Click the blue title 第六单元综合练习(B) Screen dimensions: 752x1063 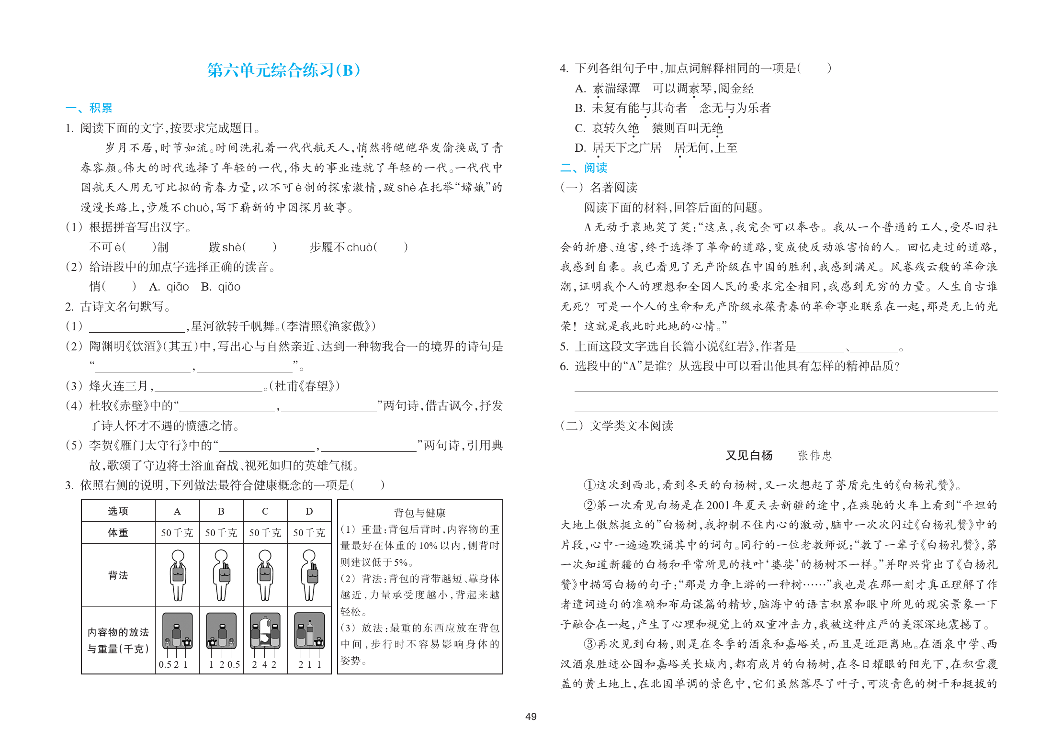tap(283, 70)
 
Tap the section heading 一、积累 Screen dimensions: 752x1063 tap(89, 108)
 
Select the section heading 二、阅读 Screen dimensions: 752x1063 tap(584, 168)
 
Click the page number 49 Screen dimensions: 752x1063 tap(531, 717)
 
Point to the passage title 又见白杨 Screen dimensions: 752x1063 tap(749, 455)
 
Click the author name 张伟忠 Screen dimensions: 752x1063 tap(814, 455)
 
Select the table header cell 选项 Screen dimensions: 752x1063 tap(118, 511)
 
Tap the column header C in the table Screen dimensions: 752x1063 tap(265, 511)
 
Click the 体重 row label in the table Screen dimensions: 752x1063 tap(118, 533)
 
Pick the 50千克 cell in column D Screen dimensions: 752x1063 tap(309, 533)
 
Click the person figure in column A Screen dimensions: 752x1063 tap(178, 575)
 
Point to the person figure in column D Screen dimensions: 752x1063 tap(309, 575)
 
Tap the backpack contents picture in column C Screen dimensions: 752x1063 tap(265, 631)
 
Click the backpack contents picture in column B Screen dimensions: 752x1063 tap(221, 631)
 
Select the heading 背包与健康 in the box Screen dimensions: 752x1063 tap(419, 513)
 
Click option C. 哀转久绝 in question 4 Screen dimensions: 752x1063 tap(607, 128)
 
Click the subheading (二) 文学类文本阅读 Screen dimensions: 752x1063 tap(617, 426)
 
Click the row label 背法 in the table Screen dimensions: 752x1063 tap(118, 575)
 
